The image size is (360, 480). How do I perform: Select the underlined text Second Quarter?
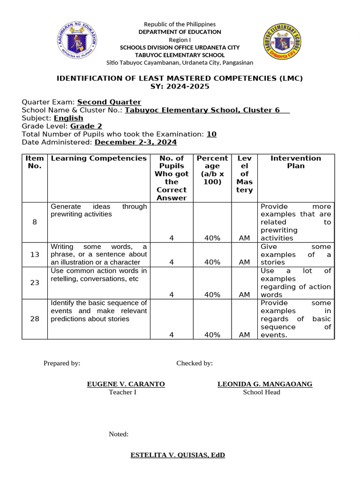[x=109, y=102]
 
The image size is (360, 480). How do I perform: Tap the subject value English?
[x=68, y=118]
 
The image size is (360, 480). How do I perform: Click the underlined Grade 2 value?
[x=86, y=126]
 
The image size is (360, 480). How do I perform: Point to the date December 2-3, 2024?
[x=136, y=142]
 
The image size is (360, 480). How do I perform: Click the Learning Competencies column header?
[x=98, y=158]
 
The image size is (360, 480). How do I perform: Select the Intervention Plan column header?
[x=296, y=162]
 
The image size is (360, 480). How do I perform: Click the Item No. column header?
[x=35, y=162]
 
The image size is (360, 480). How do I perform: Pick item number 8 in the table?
[x=35, y=222]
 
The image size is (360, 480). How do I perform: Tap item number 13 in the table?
[x=35, y=255]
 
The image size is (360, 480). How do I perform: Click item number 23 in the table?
[x=35, y=283]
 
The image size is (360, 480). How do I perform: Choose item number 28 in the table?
[x=35, y=319]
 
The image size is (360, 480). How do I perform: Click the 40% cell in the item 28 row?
[x=212, y=335]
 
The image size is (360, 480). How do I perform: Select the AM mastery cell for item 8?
[x=244, y=238]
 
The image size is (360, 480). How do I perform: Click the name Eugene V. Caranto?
[x=126, y=384]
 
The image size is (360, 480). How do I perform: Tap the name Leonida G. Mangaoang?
[x=265, y=384]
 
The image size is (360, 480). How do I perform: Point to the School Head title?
[x=261, y=392]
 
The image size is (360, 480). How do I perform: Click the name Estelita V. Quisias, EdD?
[x=178, y=455]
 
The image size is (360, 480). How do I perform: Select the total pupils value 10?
[x=211, y=134]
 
